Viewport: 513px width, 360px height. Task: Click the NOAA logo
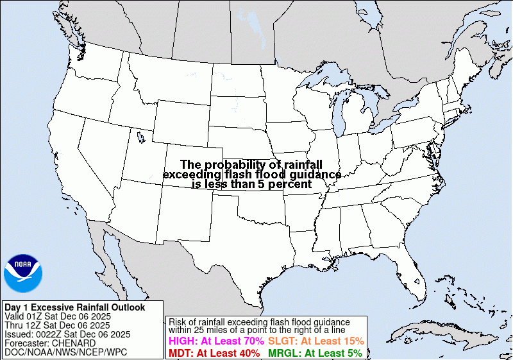tap(23, 273)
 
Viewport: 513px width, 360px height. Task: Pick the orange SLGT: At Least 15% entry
tap(315, 341)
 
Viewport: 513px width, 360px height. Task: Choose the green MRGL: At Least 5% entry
tap(314, 352)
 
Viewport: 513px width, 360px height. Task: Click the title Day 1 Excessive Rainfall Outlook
tap(74, 307)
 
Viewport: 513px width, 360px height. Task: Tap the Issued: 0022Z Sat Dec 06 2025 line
tap(67, 334)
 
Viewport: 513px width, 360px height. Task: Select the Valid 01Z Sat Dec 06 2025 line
tap(58, 316)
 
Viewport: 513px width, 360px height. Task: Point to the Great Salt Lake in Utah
tap(139, 135)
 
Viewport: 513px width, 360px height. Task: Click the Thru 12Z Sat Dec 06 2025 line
tap(57, 325)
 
